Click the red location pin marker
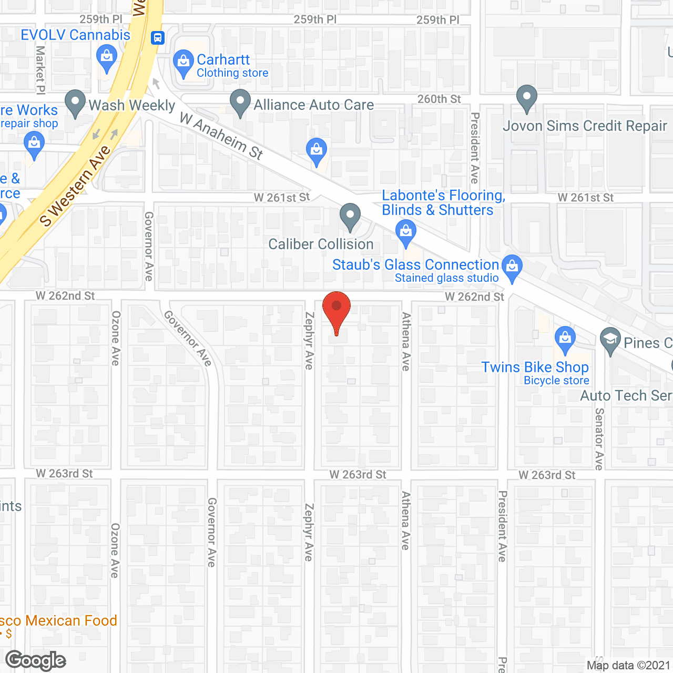(x=336, y=308)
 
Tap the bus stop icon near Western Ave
(x=158, y=38)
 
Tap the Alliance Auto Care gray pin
(x=240, y=102)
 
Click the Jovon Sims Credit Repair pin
(x=526, y=97)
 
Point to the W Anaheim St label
(x=221, y=136)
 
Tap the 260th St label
(x=439, y=99)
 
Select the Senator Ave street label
(x=599, y=439)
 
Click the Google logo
(x=36, y=660)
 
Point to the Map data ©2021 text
(x=628, y=665)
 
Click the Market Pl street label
(x=40, y=69)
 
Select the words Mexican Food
(x=71, y=620)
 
